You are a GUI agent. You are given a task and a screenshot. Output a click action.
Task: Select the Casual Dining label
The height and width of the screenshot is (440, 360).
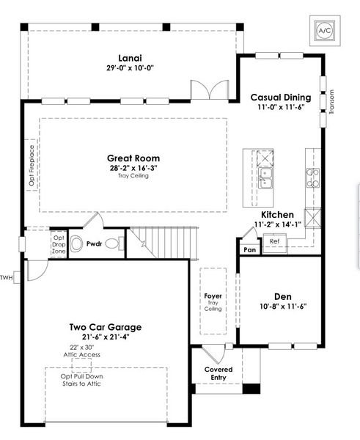(281, 98)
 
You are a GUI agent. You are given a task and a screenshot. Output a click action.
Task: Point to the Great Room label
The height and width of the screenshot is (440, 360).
(133, 158)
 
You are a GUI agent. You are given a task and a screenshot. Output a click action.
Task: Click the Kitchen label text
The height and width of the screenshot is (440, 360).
(278, 215)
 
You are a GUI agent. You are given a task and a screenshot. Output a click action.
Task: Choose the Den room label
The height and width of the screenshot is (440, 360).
(278, 297)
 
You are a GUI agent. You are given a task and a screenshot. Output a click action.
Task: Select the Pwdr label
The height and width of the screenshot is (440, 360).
(94, 243)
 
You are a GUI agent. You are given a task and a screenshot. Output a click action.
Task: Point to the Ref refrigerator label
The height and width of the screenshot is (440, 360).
(274, 241)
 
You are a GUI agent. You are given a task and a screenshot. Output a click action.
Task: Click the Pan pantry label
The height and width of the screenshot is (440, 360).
(249, 249)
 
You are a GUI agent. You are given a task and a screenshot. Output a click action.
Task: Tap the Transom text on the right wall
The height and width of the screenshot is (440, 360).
(332, 103)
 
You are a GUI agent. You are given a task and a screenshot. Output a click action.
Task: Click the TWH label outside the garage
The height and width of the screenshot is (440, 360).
(7, 277)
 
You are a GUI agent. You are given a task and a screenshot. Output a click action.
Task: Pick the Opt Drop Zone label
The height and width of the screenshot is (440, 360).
(59, 244)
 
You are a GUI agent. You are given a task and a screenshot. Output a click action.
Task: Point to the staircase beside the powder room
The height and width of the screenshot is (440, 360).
(165, 243)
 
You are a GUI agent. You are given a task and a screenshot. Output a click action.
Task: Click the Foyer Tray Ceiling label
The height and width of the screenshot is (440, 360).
(213, 302)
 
